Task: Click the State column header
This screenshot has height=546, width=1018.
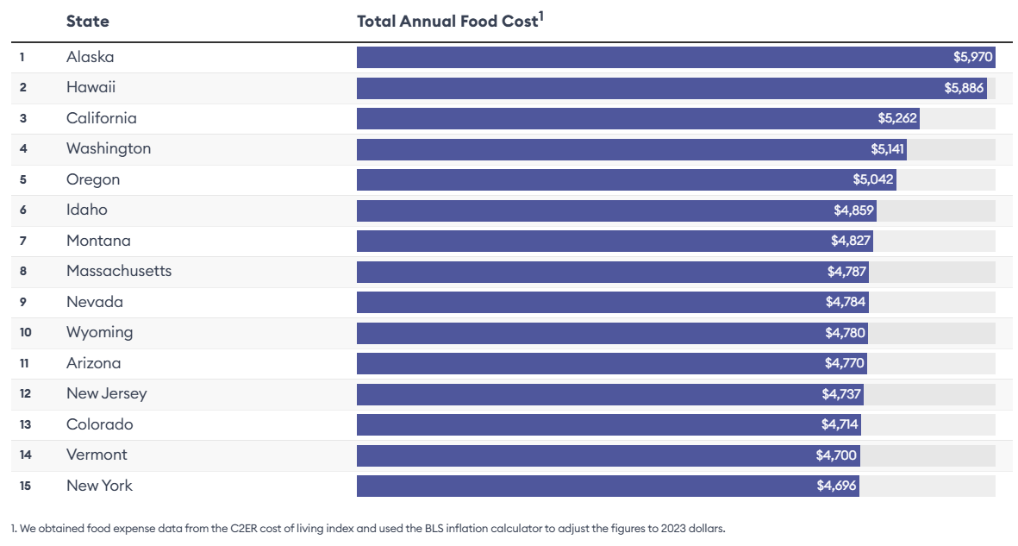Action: coord(87,21)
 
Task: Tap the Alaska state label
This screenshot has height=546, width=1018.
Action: coord(90,57)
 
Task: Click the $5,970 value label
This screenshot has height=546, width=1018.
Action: coord(973,57)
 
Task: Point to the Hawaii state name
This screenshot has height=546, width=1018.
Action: coord(91,87)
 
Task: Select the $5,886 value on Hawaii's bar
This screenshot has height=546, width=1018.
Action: coord(964,88)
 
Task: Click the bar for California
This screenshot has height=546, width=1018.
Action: coord(638,118)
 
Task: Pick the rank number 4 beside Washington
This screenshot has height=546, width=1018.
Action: coord(23,148)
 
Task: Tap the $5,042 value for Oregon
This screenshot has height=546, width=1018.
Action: coord(873,179)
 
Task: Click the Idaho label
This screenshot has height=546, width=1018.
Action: coord(86,210)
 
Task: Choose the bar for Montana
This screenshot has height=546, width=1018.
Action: coord(614,241)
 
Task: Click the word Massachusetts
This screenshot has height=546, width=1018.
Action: coord(119,271)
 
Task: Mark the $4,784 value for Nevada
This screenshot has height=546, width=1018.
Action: coord(845,302)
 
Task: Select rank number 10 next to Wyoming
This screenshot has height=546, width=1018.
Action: coord(25,332)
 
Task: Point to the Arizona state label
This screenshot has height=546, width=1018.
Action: coord(93,363)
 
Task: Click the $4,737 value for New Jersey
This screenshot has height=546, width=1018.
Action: coord(841,393)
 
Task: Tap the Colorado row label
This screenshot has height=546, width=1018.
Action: coord(99,424)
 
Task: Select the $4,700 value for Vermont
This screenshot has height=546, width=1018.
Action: coord(836,455)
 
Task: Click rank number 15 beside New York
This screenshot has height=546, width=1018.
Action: coord(25,486)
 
